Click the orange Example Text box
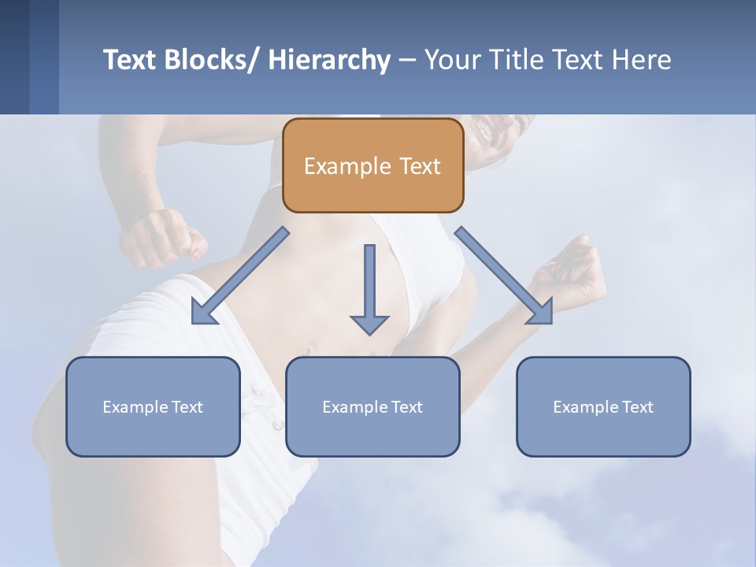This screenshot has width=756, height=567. click(x=372, y=165)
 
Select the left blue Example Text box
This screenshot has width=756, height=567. click(x=153, y=406)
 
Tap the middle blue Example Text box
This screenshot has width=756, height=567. click(x=372, y=406)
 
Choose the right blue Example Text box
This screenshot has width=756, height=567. click(x=603, y=406)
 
